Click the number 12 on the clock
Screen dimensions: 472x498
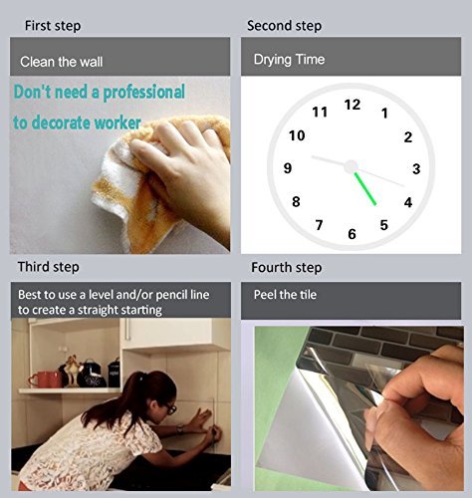click(353, 105)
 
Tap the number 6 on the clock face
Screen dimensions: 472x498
click(352, 234)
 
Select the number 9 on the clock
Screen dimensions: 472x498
click(288, 168)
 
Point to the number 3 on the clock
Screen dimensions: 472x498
click(416, 169)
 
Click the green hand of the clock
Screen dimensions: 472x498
click(365, 189)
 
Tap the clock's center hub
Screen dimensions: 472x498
click(351, 166)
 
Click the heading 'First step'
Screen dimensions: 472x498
click(53, 26)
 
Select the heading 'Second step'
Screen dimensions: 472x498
click(284, 26)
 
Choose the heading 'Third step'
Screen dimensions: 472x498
click(49, 267)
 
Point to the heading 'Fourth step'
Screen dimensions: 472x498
click(286, 268)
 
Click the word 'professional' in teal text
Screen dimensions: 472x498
click(143, 93)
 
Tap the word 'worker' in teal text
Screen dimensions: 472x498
click(118, 123)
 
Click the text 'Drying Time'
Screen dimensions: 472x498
click(289, 60)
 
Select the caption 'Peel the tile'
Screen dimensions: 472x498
click(285, 295)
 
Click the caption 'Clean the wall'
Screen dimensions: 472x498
click(62, 62)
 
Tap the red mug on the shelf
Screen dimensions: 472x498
click(45, 379)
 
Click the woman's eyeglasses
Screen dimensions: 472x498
click(170, 408)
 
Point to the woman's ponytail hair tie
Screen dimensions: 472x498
click(143, 375)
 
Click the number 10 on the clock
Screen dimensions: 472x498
click(297, 135)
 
